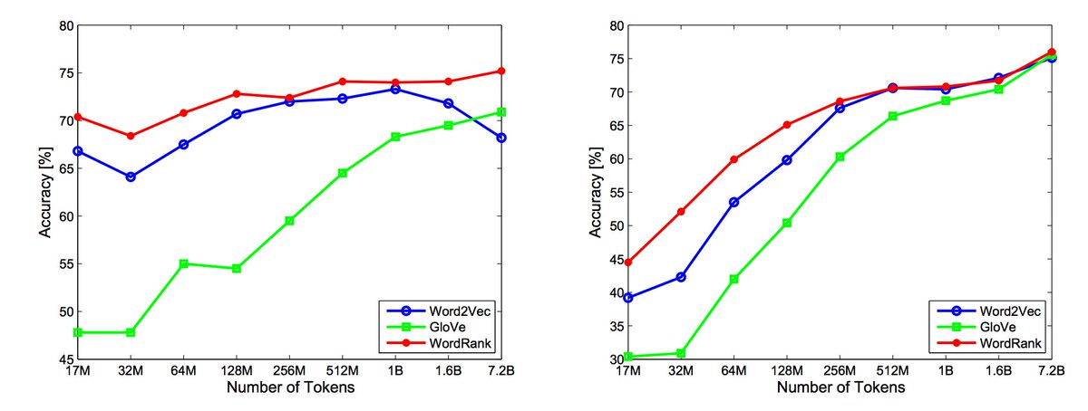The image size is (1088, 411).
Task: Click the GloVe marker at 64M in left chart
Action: [183, 263]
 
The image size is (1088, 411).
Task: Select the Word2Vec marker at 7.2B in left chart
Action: [500, 138]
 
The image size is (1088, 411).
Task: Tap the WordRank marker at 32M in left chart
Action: [131, 136]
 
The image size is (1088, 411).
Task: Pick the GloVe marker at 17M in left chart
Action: [78, 332]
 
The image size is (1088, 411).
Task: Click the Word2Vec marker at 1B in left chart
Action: [395, 89]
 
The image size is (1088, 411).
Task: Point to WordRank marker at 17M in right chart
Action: [628, 263]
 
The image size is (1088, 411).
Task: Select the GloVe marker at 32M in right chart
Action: [681, 353]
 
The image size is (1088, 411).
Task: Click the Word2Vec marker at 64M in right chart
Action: [733, 202]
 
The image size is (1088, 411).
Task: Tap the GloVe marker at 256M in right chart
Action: [840, 157]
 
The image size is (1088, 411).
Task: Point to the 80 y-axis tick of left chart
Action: [64, 25]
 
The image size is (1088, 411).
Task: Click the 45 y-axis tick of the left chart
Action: [64, 359]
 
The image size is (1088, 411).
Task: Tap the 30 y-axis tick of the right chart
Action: [615, 359]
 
